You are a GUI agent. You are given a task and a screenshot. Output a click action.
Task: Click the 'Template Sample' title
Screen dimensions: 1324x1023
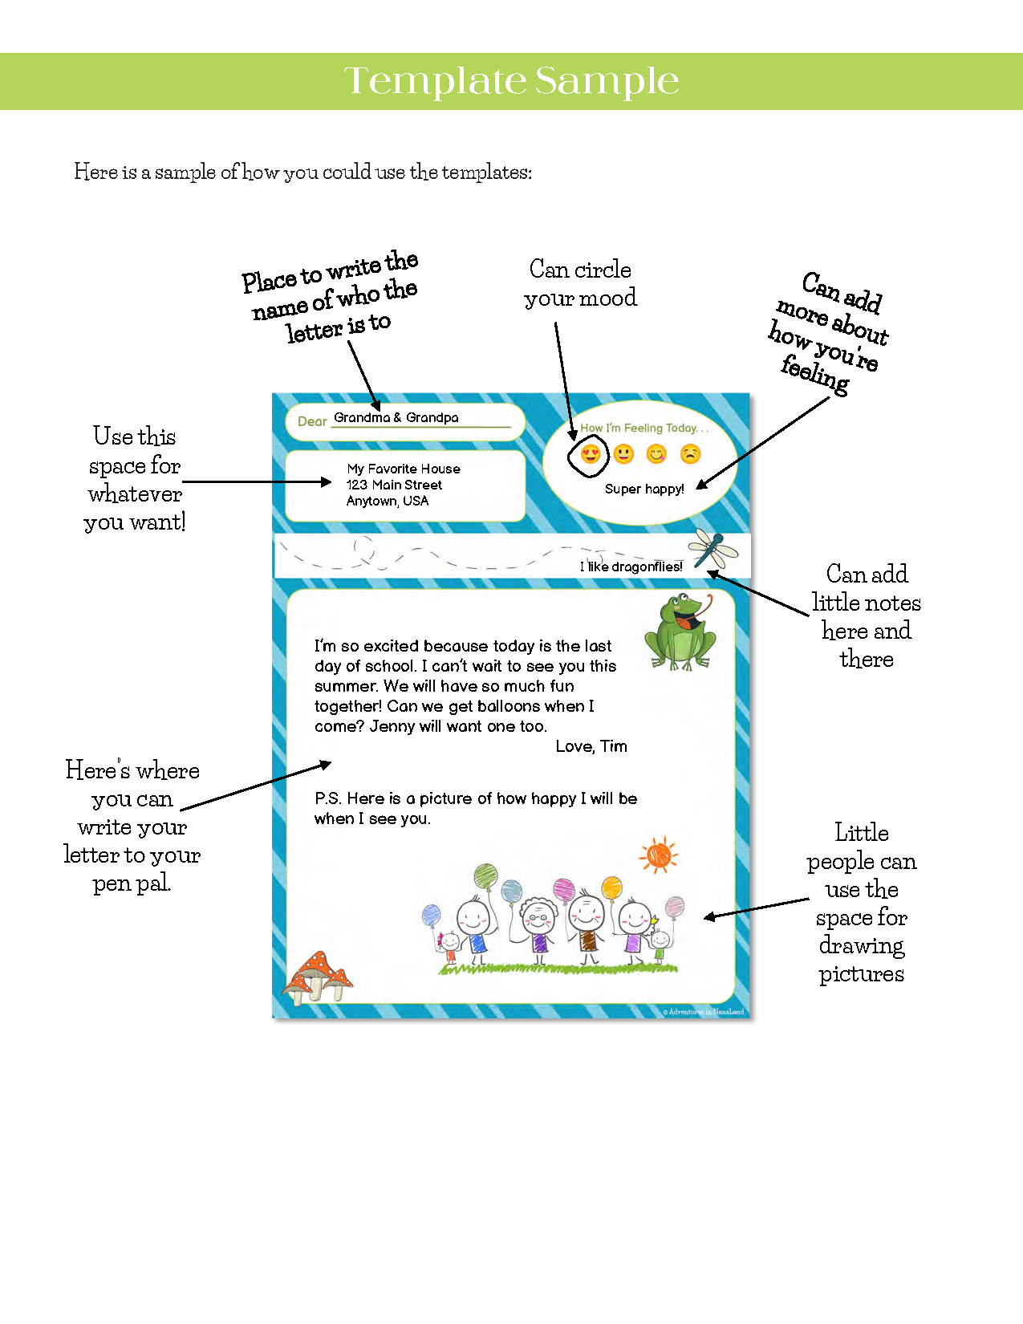pos(511,81)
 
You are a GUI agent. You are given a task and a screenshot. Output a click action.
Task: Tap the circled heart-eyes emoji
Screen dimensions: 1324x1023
pos(591,455)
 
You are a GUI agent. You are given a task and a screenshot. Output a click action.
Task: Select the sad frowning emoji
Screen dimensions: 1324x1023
pos(690,454)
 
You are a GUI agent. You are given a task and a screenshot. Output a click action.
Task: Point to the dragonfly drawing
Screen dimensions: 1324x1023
pos(712,548)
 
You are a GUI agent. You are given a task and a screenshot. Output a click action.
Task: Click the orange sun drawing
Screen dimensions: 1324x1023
pos(658,855)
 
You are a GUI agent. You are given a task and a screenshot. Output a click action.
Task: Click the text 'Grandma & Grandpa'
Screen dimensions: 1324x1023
pos(396,417)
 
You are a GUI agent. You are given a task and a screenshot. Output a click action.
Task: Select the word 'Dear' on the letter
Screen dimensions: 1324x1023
pos(312,421)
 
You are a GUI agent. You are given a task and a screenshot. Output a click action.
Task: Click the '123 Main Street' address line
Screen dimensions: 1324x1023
pos(394,485)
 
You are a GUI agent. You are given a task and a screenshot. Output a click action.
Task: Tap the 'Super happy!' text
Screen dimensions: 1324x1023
pos(644,489)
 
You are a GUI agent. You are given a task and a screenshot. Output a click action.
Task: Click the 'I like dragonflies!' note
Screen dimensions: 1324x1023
pos(631,567)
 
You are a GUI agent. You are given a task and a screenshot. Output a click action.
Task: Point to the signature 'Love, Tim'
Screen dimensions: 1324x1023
pos(591,746)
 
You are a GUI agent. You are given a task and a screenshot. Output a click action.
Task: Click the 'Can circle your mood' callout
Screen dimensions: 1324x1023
pos(580,283)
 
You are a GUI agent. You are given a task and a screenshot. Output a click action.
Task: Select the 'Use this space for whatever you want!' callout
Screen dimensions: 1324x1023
pos(135,479)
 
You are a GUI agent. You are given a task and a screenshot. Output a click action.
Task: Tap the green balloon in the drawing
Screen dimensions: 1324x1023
pos(485,875)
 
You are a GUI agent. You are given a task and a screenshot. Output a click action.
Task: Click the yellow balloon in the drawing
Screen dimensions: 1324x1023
pos(611,887)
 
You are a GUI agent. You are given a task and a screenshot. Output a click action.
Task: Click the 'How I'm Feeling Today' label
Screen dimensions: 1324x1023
pos(643,428)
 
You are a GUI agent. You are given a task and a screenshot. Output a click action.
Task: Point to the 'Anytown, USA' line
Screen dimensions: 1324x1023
pos(388,501)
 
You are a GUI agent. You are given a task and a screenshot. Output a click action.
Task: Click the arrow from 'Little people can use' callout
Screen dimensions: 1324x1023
pos(756,909)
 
